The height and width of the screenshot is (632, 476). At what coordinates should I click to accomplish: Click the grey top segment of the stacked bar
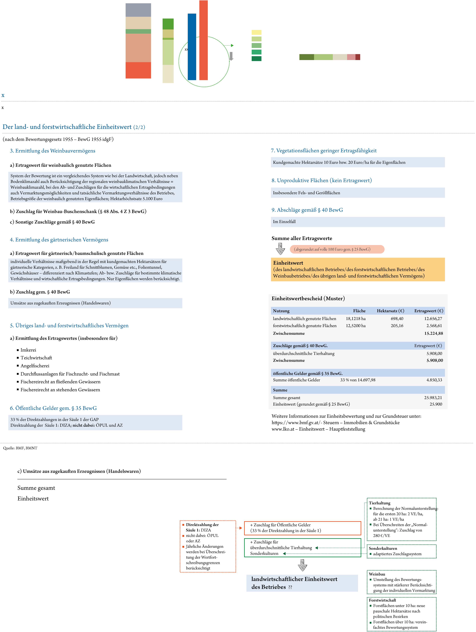tap(138, 10)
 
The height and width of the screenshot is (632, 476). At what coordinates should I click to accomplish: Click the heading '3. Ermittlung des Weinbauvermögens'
tap(53, 151)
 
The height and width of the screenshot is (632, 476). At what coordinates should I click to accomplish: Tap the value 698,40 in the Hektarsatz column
tap(397, 319)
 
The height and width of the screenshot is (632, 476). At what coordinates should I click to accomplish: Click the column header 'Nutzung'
tap(281, 311)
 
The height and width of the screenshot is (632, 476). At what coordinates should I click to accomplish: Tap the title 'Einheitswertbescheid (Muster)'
tap(308, 299)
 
